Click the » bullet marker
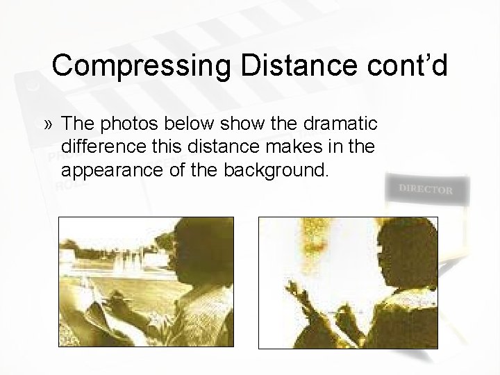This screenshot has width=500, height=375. [x=47, y=124]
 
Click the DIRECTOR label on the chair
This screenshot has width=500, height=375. [x=426, y=189]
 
